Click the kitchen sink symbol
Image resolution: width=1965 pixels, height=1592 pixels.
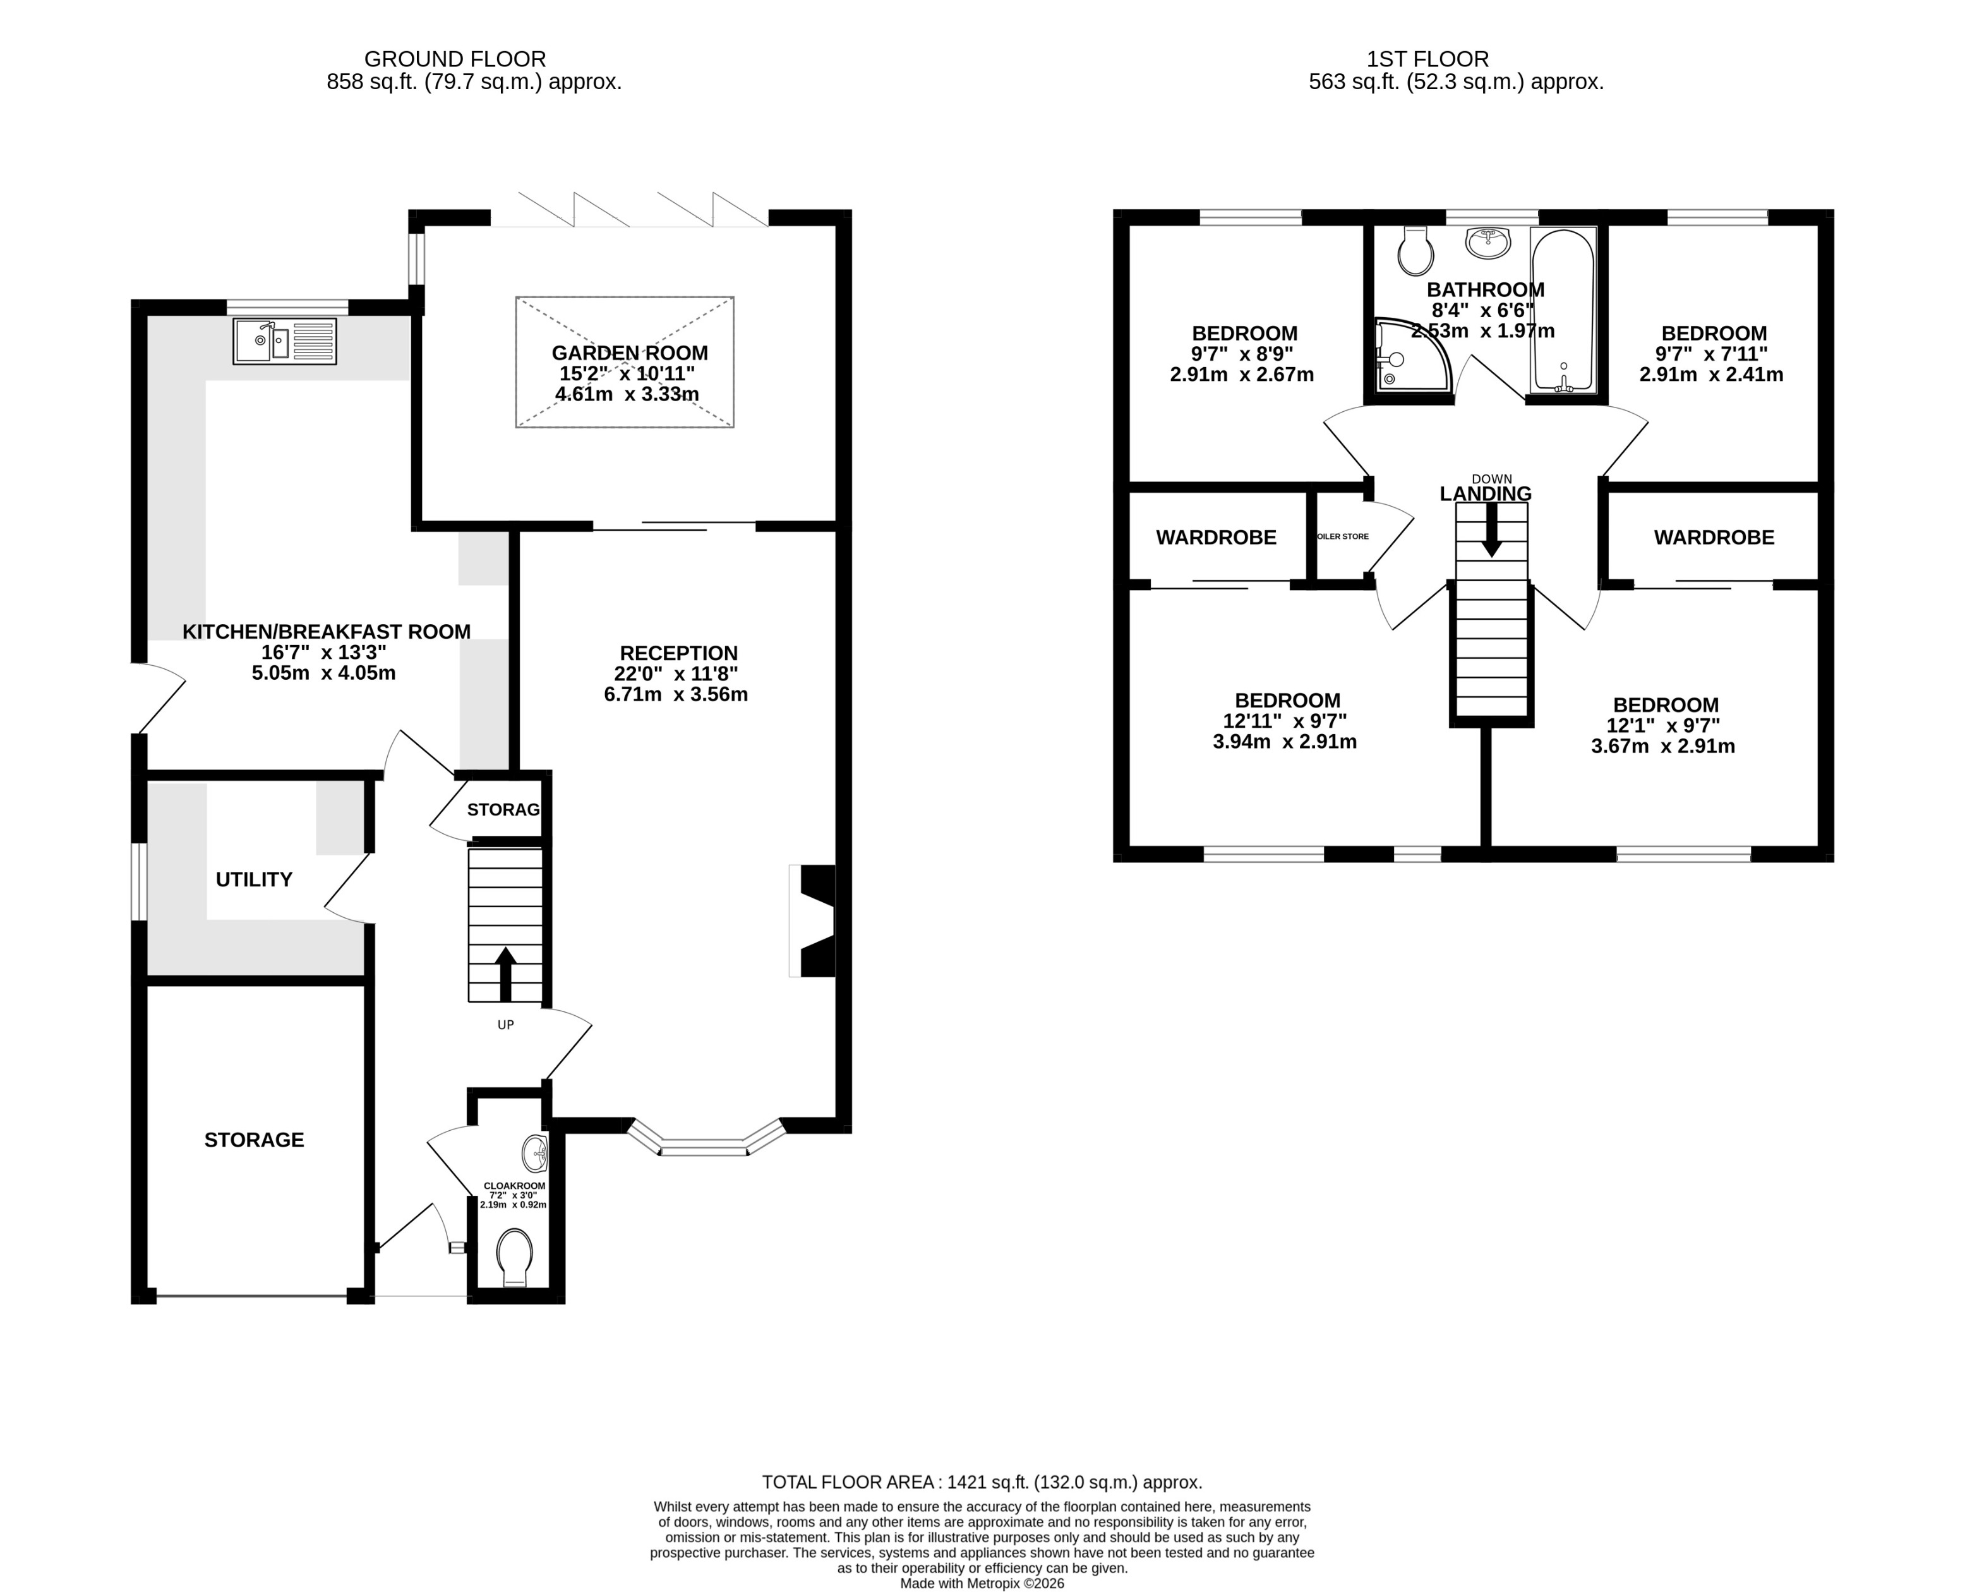(284, 341)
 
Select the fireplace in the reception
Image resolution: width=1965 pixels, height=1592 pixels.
(814, 920)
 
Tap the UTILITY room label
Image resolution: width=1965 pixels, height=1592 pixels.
(254, 879)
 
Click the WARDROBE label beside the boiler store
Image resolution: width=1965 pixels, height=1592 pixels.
(1216, 538)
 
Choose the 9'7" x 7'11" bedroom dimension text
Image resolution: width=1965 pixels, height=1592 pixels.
(1711, 354)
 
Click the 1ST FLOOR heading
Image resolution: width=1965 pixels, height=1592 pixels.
(1427, 59)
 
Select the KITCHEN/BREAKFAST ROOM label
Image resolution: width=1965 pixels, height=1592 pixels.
(327, 631)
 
